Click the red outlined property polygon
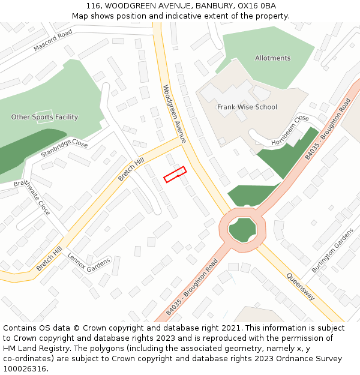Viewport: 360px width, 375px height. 175,174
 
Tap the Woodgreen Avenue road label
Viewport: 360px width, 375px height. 175,113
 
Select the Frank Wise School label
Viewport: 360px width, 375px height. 247,107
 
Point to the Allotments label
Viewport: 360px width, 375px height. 272,58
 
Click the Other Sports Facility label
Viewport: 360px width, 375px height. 44,117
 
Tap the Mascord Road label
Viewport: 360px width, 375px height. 53,39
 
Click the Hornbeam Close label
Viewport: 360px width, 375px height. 290,131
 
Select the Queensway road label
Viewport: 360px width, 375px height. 299,287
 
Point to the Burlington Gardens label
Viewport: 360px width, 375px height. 338,247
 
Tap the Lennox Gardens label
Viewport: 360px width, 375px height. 89,262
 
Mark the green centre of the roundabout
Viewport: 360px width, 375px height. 242,229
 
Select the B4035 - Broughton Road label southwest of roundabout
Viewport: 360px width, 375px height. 191,288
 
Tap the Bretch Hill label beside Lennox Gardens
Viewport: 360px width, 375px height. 49,259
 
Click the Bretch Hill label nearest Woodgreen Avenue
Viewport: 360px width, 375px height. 131,169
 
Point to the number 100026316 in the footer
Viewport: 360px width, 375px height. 25,368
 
